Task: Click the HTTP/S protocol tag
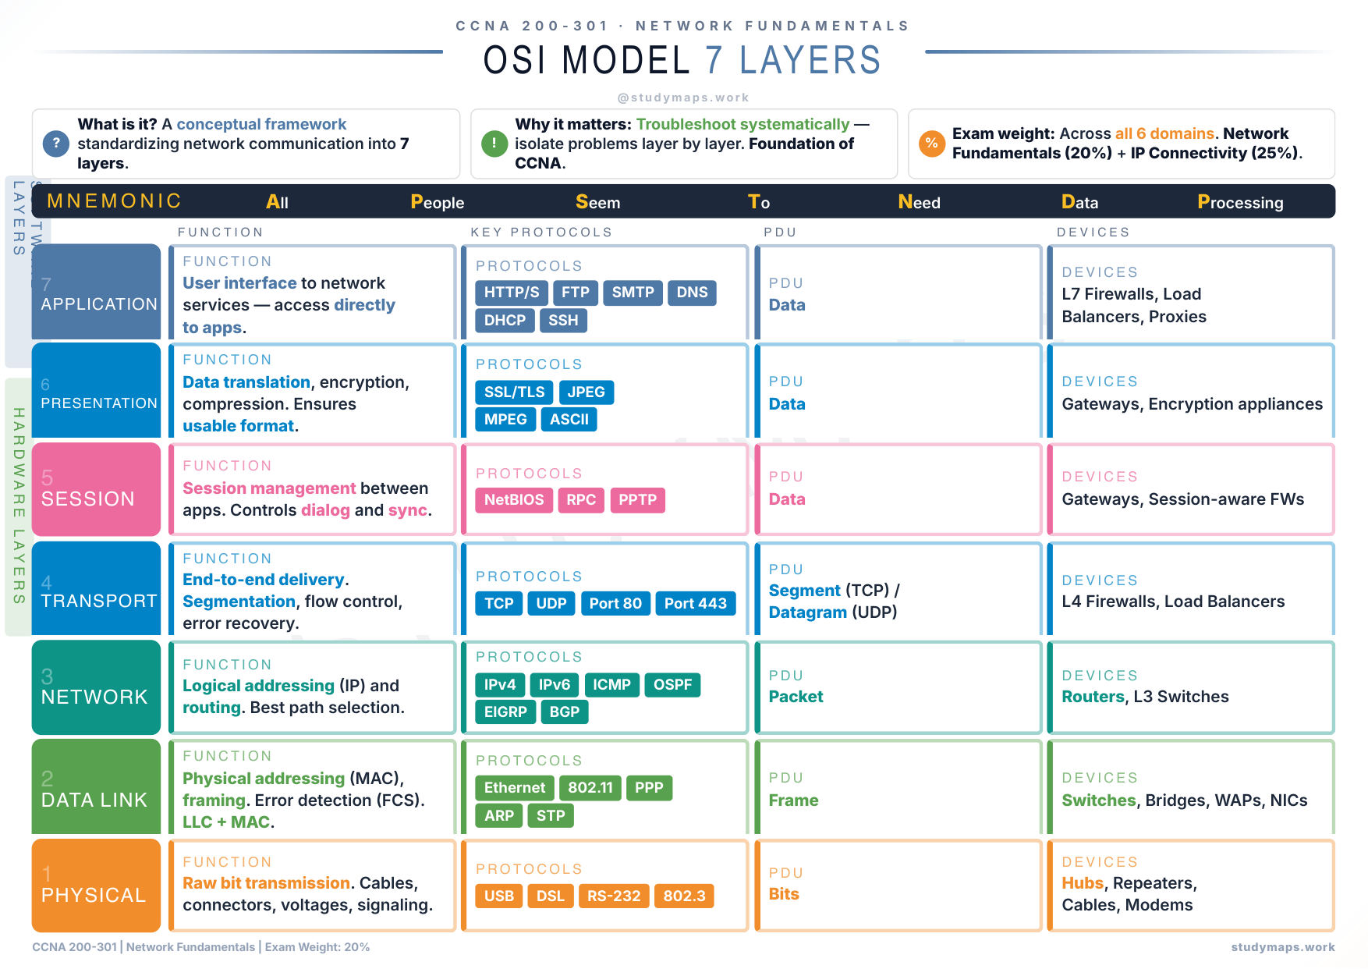(x=511, y=293)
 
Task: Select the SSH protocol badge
(x=563, y=321)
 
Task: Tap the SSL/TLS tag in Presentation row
(x=514, y=392)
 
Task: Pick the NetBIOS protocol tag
(x=514, y=500)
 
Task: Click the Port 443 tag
(x=695, y=603)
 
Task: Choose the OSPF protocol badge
(x=672, y=685)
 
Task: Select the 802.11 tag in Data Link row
(x=590, y=788)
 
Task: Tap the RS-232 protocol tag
(x=614, y=896)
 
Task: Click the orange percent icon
(x=931, y=144)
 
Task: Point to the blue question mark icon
(x=55, y=144)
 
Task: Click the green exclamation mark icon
(x=494, y=144)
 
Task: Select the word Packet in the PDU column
(x=796, y=697)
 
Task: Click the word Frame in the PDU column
(x=793, y=800)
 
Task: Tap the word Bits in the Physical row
(x=784, y=894)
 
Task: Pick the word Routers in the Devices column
(x=1093, y=697)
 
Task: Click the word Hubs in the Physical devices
(x=1083, y=883)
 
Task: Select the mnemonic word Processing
(x=1240, y=203)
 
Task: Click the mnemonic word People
(x=437, y=203)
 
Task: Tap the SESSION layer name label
(x=87, y=499)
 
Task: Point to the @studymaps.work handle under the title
(x=683, y=98)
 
